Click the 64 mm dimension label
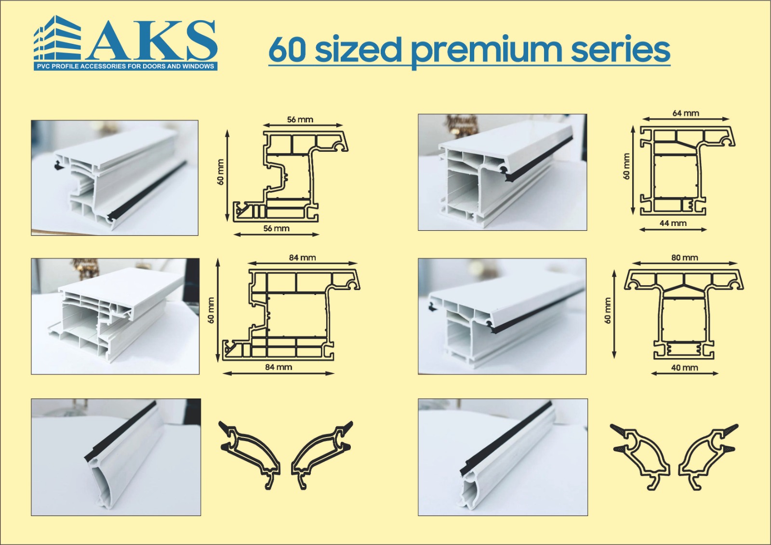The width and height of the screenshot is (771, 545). [x=686, y=113]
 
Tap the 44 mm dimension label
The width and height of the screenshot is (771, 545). [x=673, y=223]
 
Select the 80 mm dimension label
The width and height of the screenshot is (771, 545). [x=684, y=257]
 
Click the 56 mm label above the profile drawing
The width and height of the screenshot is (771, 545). [x=300, y=120]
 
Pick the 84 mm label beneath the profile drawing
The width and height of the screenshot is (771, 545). [x=279, y=367]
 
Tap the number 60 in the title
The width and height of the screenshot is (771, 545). [x=287, y=51]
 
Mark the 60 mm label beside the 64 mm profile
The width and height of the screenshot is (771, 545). [x=626, y=166]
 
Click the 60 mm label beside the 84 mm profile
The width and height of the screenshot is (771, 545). [x=212, y=310]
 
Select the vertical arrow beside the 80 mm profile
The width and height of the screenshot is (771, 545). [x=615, y=315]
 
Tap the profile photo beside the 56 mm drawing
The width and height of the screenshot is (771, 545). [x=115, y=178]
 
